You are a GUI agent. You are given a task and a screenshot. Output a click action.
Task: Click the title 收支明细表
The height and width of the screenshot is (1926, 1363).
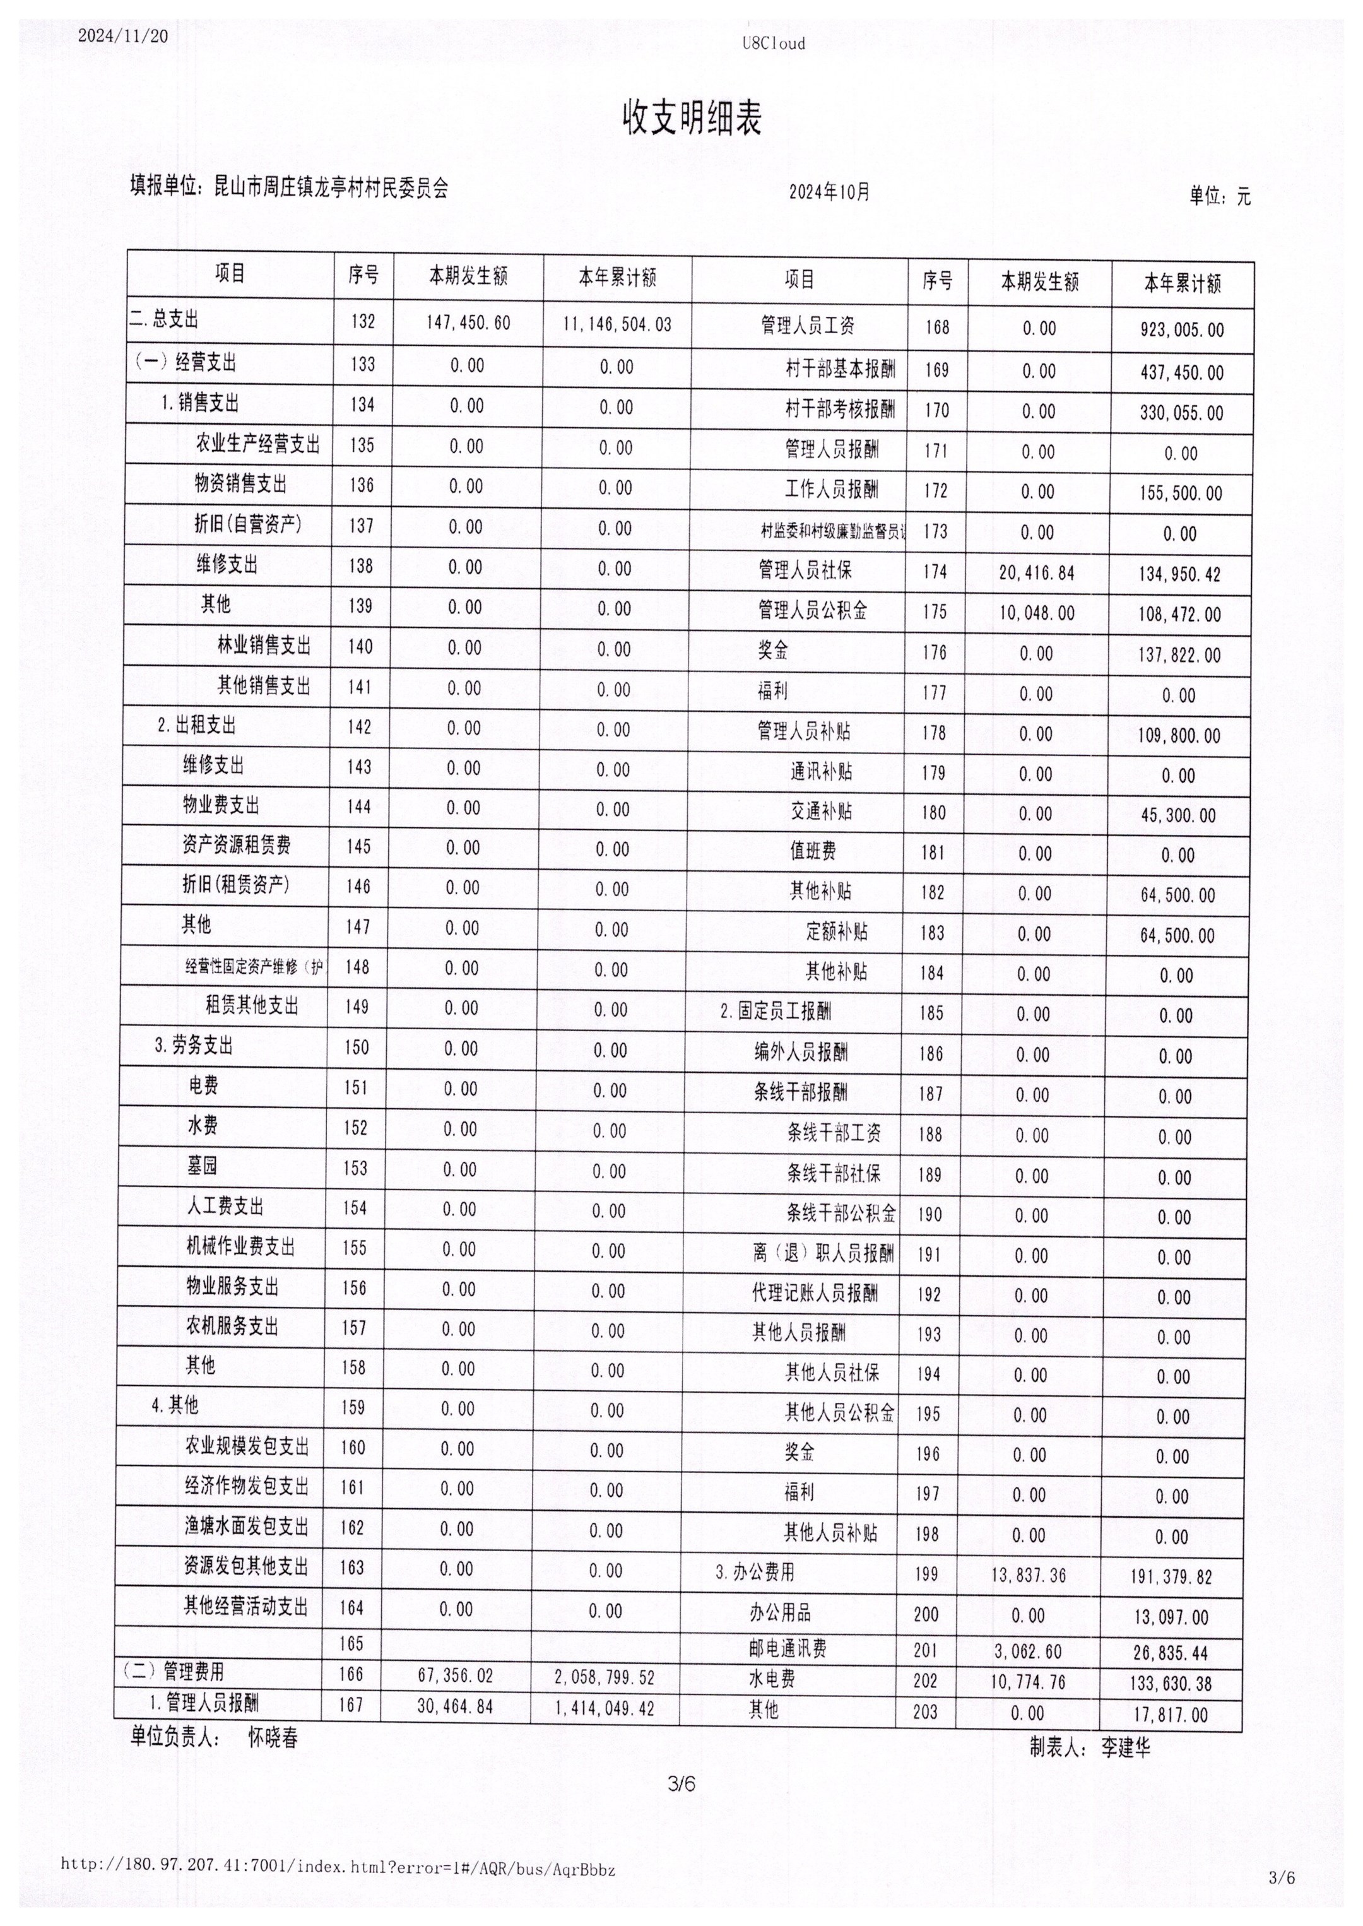691,119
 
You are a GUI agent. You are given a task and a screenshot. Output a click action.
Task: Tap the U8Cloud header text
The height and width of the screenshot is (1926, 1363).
773,44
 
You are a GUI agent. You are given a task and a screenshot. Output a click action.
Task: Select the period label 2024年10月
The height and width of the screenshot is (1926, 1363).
829,192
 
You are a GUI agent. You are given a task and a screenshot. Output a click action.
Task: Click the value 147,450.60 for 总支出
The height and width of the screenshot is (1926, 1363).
468,323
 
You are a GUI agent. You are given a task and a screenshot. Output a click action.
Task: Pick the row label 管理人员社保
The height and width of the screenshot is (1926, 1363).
805,570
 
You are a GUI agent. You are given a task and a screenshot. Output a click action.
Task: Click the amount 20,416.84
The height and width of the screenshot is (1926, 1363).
1037,573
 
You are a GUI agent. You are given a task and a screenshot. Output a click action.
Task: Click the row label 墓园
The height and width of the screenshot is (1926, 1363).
203,1166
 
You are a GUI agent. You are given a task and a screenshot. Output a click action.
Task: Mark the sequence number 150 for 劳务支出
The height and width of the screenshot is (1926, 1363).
356,1048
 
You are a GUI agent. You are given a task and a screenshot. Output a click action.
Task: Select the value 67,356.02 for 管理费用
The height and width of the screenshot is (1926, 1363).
455,1676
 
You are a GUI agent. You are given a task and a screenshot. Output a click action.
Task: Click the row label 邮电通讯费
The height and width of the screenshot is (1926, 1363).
788,1649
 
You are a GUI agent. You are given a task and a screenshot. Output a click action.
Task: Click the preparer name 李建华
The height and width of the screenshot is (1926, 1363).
1126,1747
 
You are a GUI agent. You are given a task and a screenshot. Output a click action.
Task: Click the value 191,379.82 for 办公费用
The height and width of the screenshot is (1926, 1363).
1170,1577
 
